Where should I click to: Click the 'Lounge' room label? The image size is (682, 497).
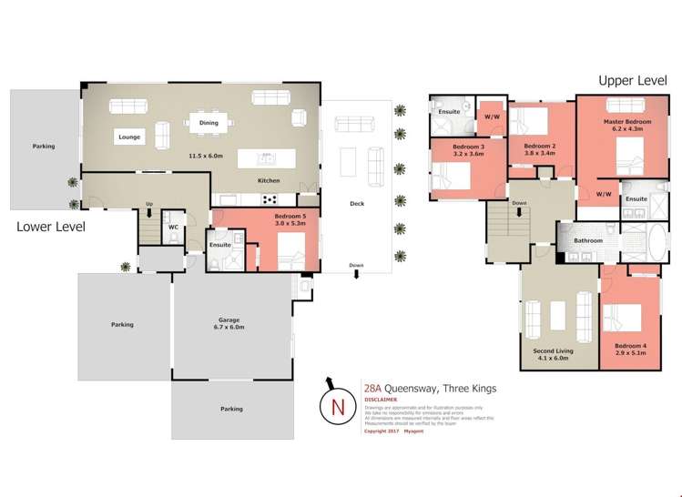click(129, 137)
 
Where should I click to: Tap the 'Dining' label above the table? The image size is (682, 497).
click(209, 122)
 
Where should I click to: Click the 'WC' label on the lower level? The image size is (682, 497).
click(173, 227)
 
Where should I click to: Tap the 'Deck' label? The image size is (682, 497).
click(357, 203)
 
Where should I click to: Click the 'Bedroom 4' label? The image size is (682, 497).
click(629, 347)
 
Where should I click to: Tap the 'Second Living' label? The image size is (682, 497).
click(550, 353)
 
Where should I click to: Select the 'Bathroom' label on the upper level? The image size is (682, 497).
click(587, 240)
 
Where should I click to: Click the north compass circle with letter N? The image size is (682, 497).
click(338, 406)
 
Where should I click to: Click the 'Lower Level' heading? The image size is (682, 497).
click(51, 227)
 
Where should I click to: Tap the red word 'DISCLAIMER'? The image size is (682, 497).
click(380, 399)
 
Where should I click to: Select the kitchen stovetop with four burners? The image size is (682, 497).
click(270, 198)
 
